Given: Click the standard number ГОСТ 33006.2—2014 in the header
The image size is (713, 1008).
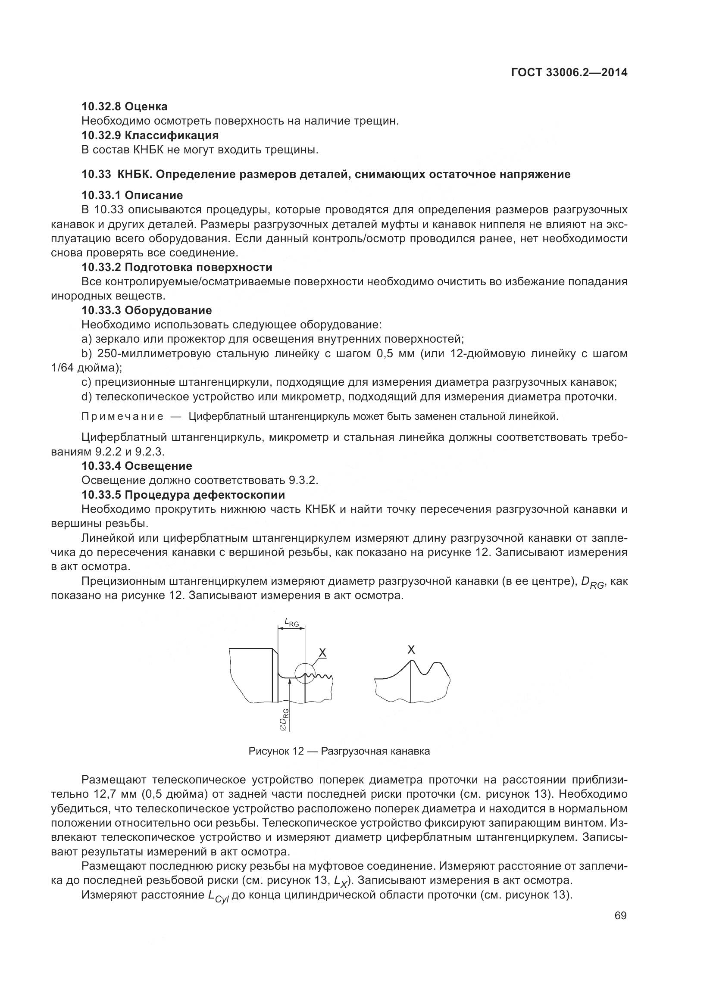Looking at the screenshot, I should (569, 73).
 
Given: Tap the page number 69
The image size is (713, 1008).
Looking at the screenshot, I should (620, 915).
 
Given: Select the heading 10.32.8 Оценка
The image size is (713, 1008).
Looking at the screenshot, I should (124, 106).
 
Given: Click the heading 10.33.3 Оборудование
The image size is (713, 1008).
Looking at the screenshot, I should (147, 310).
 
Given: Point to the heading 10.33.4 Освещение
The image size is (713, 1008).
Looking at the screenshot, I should (137, 466).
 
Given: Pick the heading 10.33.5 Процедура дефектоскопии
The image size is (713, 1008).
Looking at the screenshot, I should (183, 495).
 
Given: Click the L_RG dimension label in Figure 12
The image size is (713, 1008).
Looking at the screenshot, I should (291, 622).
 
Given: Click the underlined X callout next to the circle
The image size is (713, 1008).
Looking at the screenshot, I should (322, 653).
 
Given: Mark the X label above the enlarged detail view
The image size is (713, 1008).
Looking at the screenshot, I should (411, 649).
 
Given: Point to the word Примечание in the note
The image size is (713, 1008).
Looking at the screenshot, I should (122, 417).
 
